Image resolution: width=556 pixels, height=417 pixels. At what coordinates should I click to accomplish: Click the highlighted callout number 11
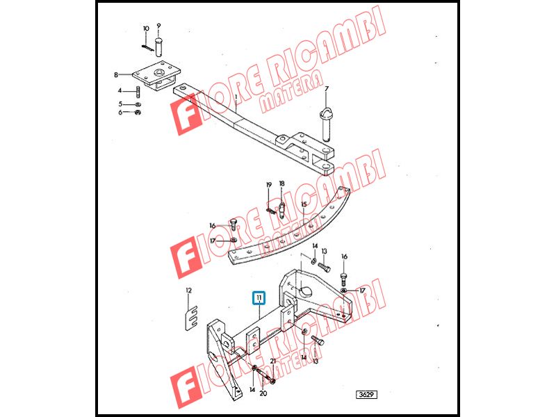[259, 298]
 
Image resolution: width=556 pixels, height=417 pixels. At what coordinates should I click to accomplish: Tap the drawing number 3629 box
[367, 395]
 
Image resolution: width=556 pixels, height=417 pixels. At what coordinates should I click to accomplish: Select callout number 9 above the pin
[158, 26]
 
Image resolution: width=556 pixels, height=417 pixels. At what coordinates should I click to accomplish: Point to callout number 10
[146, 28]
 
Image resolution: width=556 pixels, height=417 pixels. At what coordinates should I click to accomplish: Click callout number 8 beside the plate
[116, 75]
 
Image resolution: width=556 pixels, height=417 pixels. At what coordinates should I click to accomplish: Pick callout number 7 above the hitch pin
[327, 89]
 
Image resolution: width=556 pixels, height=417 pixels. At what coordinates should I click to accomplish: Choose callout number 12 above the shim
[188, 291]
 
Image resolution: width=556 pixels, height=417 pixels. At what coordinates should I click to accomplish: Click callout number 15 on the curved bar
[304, 204]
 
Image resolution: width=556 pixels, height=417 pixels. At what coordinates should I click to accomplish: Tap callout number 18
[282, 183]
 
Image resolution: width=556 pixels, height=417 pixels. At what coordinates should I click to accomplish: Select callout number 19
[269, 185]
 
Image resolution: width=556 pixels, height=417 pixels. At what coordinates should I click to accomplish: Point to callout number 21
[272, 361]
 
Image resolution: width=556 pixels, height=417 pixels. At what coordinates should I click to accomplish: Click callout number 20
[263, 393]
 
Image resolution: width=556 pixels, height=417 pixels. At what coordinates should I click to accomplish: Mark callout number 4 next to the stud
[120, 91]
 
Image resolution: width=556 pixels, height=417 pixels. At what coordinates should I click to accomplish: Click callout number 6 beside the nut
[120, 113]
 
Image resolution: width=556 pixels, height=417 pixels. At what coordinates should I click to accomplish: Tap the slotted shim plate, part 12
[192, 318]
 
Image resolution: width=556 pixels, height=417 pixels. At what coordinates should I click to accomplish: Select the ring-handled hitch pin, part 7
[326, 125]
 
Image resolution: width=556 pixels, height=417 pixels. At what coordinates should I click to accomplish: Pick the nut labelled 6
[138, 113]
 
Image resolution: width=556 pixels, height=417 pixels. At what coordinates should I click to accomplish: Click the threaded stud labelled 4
[138, 92]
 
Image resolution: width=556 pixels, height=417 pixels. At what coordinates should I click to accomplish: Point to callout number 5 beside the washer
[120, 104]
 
